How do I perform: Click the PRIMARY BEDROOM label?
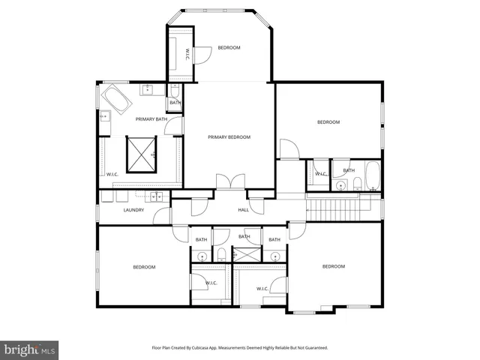(x=229, y=137)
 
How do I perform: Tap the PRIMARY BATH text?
(x=150, y=119)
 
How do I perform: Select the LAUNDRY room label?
(x=133, y=210)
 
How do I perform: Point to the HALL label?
(x=243, y=210)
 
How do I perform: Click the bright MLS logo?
(x=29, y=349)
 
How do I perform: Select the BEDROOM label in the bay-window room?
(x=229, y=48)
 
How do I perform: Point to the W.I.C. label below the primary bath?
(x=112, y=174)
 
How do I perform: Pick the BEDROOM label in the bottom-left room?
(x=144, y=267)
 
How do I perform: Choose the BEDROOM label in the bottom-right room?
(x=333, y=266)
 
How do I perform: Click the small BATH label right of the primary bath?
(x=174, y=103)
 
